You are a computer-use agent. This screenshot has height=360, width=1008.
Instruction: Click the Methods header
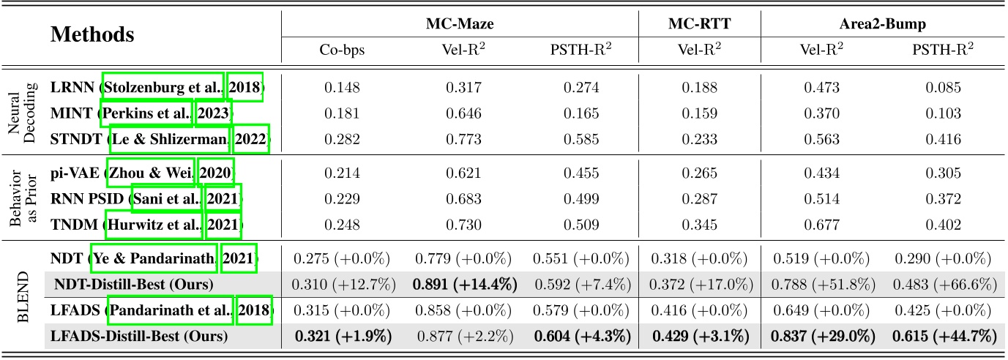coord(92,34)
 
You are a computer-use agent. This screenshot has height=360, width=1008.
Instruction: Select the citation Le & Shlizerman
coord(165,138)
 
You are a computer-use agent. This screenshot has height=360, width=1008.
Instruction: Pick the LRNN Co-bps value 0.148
coord(341,88)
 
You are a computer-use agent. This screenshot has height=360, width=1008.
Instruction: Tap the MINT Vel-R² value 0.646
coord(460,113)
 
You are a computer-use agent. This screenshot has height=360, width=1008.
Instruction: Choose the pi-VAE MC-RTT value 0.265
coord(699,173)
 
